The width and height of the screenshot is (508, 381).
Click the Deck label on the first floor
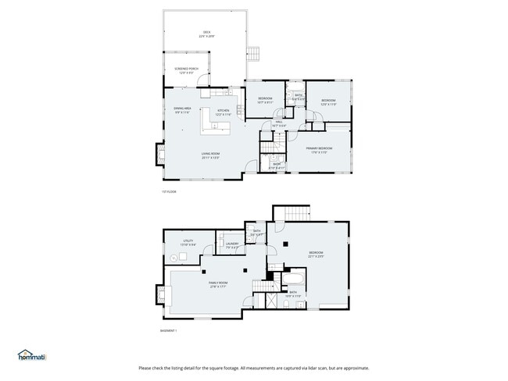[x=206, y=34]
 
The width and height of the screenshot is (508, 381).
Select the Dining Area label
[x=182, y=110]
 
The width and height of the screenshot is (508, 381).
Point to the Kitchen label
[x=223, y=112]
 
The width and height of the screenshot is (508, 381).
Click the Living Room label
[x=210, y=155]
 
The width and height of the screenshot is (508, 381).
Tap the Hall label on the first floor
[x=279, y=123]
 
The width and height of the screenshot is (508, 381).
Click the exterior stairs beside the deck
[x=253, y=53]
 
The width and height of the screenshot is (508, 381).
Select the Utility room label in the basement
[x=188, y=243]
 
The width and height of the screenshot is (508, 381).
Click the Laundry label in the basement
[x=232, y=246]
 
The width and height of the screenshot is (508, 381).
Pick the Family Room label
[x=218, y=284]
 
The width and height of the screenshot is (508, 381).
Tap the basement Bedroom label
[x=316, y=254]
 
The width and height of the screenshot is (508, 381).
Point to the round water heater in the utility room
[x=173, y=257]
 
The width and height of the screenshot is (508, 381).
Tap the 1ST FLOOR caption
[x=169, y=191]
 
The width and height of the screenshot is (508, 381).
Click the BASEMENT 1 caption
[x=169, y=330]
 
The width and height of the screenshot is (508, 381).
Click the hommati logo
[x=32, y=355]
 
